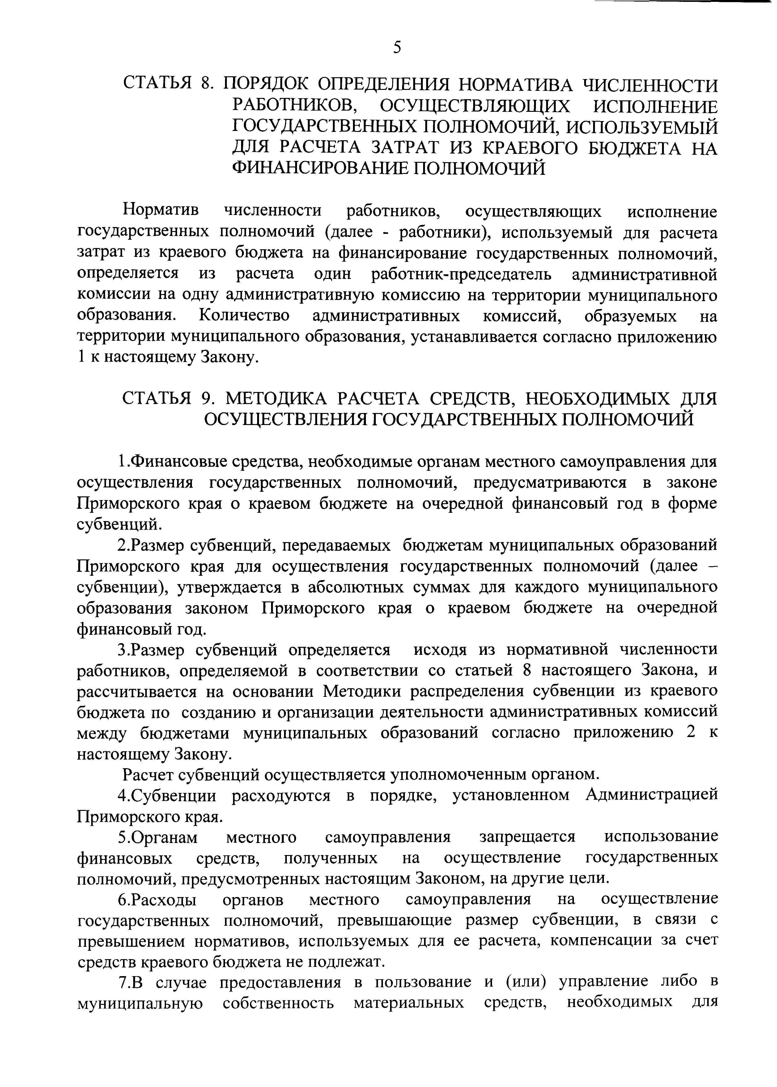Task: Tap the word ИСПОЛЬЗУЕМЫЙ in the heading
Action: point(641,127)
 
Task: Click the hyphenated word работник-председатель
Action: point(461,275)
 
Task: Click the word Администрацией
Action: point(652,795)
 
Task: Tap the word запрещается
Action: point(527,837)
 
